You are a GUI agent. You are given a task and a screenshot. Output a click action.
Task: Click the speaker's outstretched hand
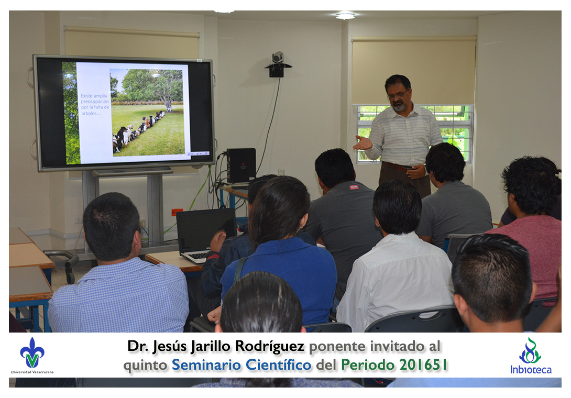tap(363, 143)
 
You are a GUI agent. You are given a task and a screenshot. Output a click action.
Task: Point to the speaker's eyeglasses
tap(397, 95)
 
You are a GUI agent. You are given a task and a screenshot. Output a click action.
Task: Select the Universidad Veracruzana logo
tap(32, 356)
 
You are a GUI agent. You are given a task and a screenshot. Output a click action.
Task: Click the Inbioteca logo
tap(530, 356)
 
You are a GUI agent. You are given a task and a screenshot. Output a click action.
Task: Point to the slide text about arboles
tap(95, 105)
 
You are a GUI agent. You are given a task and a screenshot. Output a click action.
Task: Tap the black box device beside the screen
tap(240, 165)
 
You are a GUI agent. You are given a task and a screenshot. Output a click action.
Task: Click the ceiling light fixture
tap(345, 16)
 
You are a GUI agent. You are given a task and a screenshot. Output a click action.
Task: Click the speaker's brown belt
tap(398, 167)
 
